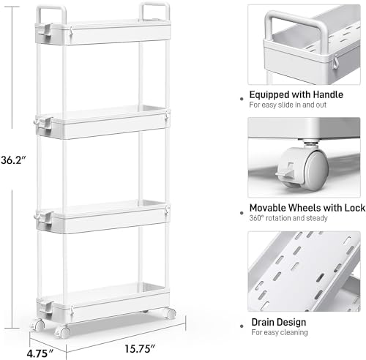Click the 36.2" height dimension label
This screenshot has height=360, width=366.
(13, 160)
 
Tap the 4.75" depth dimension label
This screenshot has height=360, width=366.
(40, 353)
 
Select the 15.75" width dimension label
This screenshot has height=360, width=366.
(140, 348)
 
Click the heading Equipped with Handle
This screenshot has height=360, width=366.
(296, 94)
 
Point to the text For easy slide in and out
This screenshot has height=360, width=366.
(288, 105)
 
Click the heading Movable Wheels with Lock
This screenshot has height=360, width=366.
(307, 208)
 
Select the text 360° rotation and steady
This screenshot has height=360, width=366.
(288, 218)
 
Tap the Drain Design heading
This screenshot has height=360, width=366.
(279, 322)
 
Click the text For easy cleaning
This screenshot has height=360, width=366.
(280, 332)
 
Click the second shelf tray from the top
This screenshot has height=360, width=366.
(102, 122)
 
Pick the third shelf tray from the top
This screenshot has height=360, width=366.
(102, 217)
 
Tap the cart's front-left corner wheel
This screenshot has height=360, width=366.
(63, 331)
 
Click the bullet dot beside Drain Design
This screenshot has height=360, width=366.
(242, 326)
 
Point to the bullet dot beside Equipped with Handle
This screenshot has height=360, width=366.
(242, 99)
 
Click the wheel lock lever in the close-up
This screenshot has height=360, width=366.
(285, 170)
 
